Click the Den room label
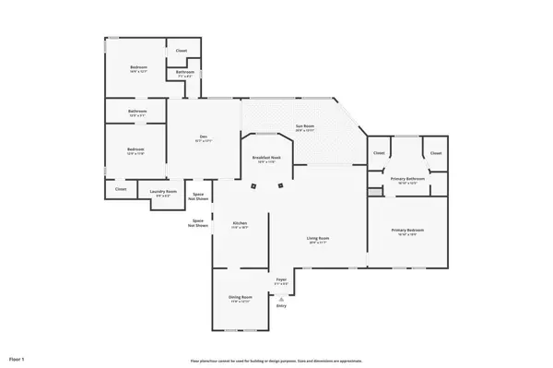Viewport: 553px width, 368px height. point(204,138)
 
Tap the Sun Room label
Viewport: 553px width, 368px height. point(305,128)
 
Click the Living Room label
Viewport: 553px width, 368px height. point(318,239)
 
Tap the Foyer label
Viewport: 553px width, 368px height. point(281,279)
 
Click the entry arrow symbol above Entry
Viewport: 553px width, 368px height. point(281,298)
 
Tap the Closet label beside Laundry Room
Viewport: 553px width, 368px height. point(121,189)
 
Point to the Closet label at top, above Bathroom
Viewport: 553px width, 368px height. point(182,50)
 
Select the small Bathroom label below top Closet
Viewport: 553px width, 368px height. point(184,72)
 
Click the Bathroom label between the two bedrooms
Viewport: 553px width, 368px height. point(137,112)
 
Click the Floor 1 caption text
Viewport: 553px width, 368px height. point(17,358)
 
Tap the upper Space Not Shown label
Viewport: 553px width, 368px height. point(197,196)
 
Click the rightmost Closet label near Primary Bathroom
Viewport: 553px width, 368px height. point(436,153)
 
